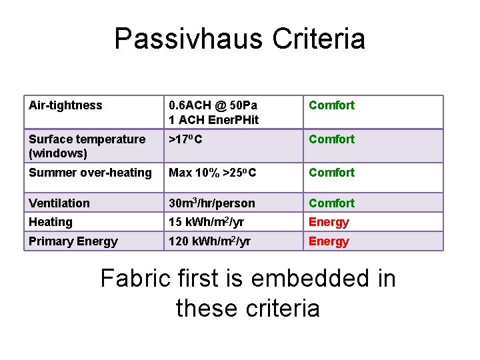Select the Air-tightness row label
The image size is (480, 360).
(x=65, y=105)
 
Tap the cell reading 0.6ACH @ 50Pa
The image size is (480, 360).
(x=213, y=105)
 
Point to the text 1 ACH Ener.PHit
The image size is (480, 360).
(x=213, y=119)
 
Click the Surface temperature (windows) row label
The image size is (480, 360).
(x=87, y=146)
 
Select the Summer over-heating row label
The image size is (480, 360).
(x=90, y=173)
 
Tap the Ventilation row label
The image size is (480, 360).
(x=59, y=203)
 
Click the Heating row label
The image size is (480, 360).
(x=51, y=222)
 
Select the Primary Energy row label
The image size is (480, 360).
(x=73, y=241)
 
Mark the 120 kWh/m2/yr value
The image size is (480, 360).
(x=209, y=241)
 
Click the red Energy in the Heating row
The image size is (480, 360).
(x=329, y=222)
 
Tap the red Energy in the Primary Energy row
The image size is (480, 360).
(x=329, y=241)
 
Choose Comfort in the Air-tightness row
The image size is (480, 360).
(x=331, y=105)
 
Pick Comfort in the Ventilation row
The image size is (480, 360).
(x=331, y=203)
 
